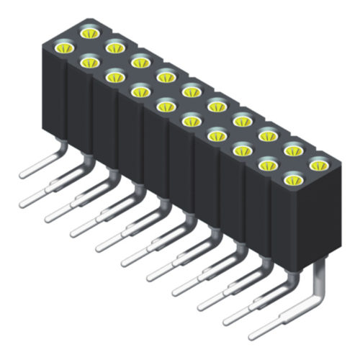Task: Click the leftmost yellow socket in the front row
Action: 64,49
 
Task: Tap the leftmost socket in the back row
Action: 90,32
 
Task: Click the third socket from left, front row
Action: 114,76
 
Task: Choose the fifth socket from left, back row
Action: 191,91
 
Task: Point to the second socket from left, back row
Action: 114,48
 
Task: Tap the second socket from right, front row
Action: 267,166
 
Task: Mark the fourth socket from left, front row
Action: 139,91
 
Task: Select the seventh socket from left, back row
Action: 241,121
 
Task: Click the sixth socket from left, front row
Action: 190,121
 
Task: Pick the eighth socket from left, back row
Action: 267,135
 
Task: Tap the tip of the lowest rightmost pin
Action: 252,335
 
